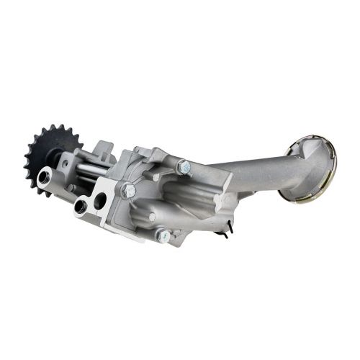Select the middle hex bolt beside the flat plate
tap(130, 190)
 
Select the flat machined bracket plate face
tap(108, 209)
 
